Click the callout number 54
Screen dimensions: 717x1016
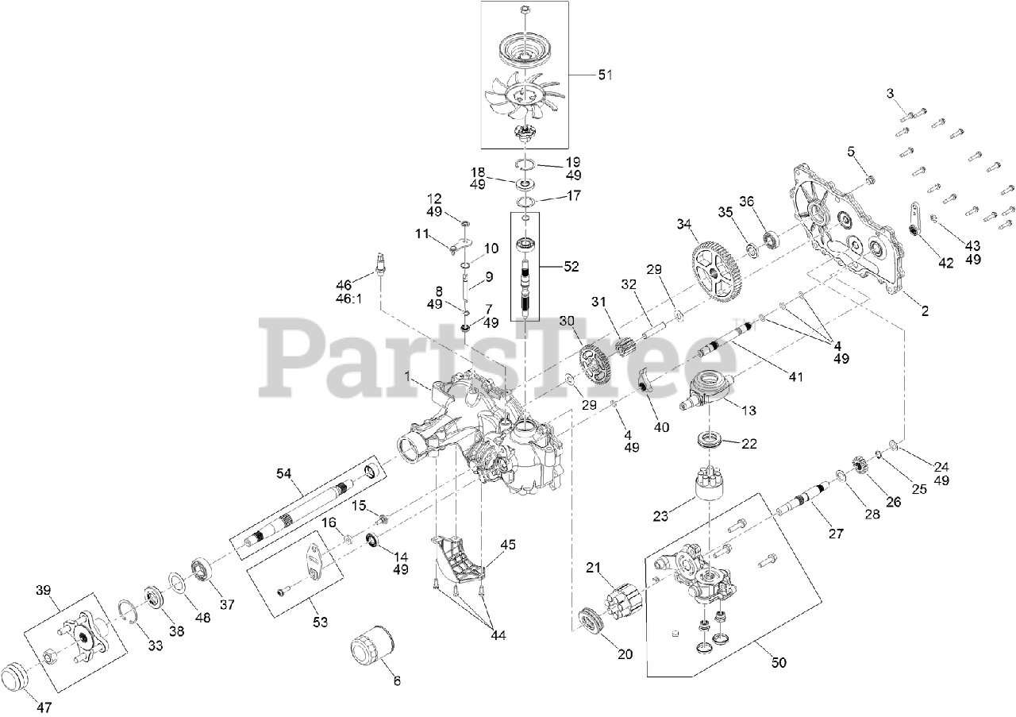pyautogui.click(x=284, y=474)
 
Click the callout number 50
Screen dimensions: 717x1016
pyautogui.click(x=779, y=662)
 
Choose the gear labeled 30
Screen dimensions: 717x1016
pyautogui.click(x=592, y=365)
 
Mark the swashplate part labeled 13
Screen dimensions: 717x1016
pyautogui.click(x=711, y=390)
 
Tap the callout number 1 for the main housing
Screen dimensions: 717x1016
pyautogui.click(x=408, y=379)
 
